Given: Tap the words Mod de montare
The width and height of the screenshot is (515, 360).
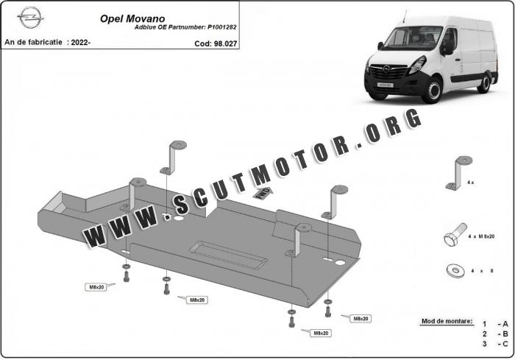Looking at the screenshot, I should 447,322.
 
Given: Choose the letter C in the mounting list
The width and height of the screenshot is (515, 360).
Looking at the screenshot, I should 505,344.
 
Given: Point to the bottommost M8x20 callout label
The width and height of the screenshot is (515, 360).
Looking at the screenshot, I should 320,333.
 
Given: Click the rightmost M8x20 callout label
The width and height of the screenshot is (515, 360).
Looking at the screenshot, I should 359,319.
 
